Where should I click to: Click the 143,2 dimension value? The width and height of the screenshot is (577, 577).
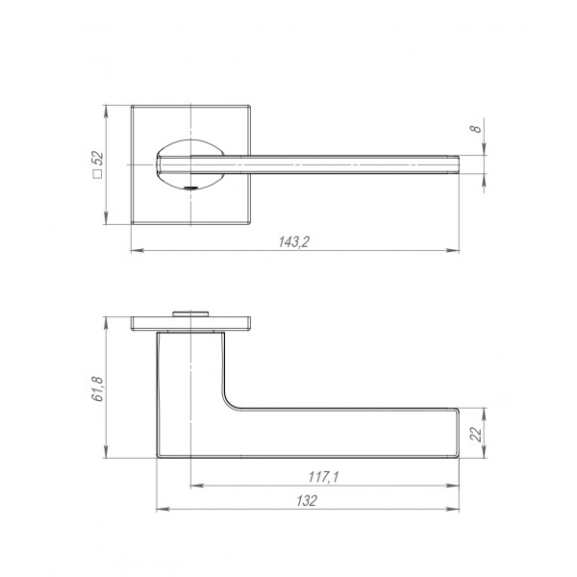click(293, 241)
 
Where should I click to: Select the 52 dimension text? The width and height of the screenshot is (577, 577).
click(98, 160)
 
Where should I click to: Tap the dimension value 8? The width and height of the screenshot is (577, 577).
click(475, 129)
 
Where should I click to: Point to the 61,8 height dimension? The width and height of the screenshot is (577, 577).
click(98, 389)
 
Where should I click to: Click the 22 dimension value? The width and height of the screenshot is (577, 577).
click(476, 435)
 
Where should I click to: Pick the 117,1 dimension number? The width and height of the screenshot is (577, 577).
click(323, 477)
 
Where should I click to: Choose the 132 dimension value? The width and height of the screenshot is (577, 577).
click(306, 500)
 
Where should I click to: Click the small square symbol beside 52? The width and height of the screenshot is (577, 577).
click(98, 174)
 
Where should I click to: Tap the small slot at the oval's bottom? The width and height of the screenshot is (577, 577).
click(190, 188)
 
